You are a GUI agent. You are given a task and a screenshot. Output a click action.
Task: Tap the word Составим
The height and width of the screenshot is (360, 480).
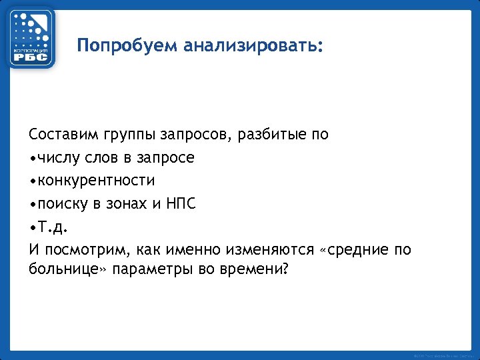(x=64, y=135)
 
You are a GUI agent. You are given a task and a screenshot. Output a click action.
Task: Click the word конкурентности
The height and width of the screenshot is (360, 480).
(x=96, y=181)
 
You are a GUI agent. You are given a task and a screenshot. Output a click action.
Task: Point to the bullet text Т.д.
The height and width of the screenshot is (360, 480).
(x=53, y=227)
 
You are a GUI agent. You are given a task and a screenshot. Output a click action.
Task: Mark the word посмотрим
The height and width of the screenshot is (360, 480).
(x=84, y=250)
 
